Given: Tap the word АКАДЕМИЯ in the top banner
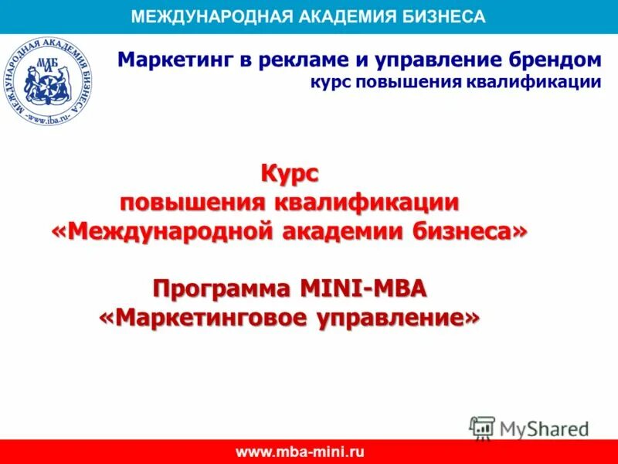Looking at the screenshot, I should (x=339, y=16).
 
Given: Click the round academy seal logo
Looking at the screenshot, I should (x=46, y=81).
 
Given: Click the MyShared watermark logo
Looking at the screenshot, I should (x=529, y=428).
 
